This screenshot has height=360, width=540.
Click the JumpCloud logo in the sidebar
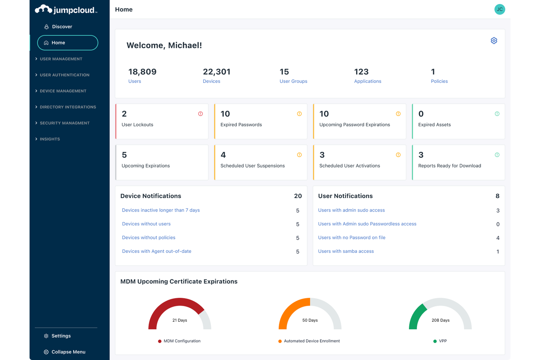pos(66,10)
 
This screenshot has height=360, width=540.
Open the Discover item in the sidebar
pos(62,27)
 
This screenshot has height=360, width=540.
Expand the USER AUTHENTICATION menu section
pos(64,75)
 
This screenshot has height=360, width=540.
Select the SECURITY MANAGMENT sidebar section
pos(64,123)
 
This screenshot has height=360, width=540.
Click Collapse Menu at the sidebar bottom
pos(68,352)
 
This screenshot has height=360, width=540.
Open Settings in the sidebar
pos(61,336)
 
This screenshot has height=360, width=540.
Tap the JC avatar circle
pos(499,9)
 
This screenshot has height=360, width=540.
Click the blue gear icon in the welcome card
pos(494,40)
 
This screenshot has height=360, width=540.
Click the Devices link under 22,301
pos(211,81)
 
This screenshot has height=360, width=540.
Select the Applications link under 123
pos(367,81)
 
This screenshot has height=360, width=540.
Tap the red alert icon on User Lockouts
pos(200,114)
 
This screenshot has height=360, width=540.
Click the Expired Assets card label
pos(434,125)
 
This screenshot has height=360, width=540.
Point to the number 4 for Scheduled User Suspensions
pos(223,155)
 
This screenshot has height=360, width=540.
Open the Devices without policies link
pos(148,237)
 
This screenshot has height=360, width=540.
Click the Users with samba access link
pos(346,251)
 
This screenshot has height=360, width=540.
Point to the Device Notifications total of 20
pos(298,196)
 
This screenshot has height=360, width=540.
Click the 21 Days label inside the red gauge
pos(180,320)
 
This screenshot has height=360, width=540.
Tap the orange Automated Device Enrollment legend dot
pos(280,341)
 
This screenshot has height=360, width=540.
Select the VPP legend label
pos(443,341)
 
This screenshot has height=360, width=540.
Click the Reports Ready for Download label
pos(449,166)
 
